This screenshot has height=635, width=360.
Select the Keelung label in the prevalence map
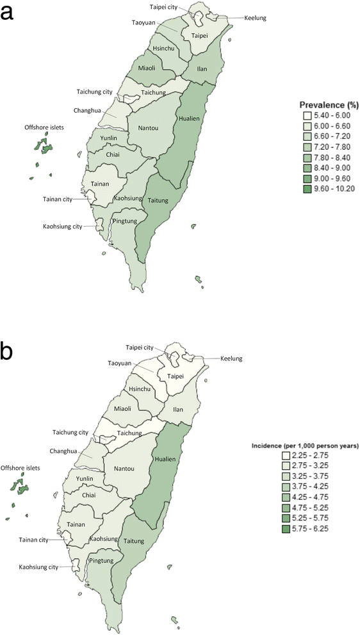[x=255, y=19]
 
